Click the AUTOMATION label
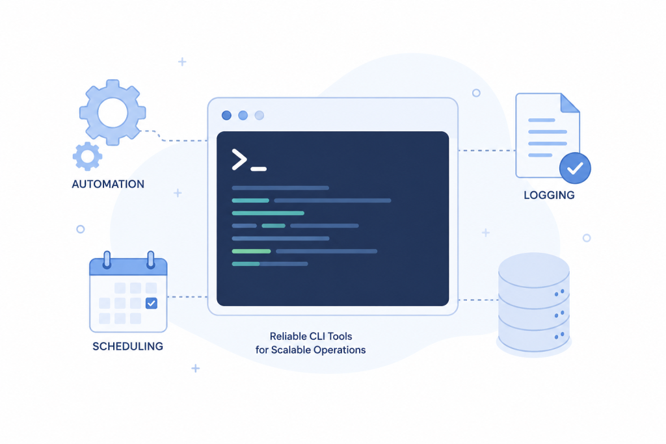108,184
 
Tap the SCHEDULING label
128,346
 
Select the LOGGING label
549,195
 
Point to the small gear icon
88,156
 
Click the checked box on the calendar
151,303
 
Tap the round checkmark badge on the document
575,168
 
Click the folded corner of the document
570,103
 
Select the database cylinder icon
533,304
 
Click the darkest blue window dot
226,116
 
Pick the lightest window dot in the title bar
259,116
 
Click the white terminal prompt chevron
239,160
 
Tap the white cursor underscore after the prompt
259,169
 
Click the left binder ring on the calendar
107,260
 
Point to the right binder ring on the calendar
150,260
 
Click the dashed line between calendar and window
187,297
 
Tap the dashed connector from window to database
478,300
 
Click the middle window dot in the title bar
243,116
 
